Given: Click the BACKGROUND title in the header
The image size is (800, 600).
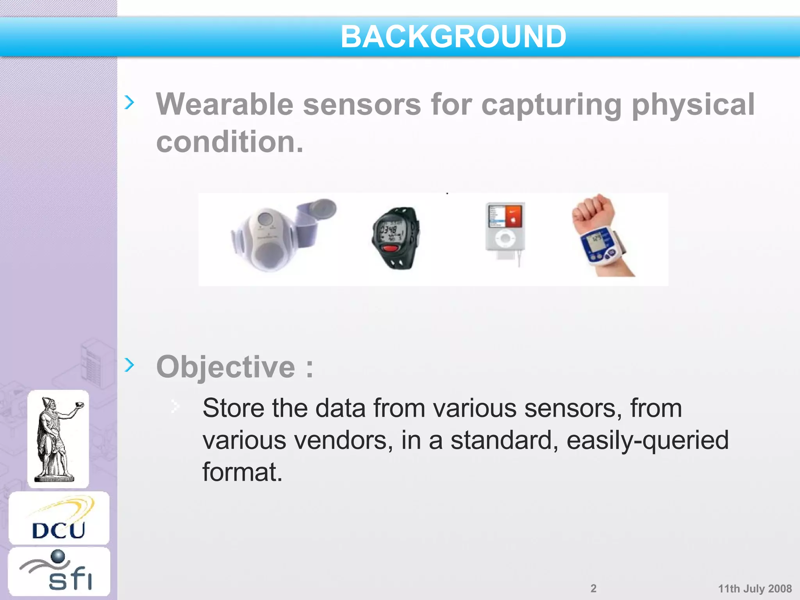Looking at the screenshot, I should (453, 37).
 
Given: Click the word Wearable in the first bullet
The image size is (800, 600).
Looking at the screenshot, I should (225, 105).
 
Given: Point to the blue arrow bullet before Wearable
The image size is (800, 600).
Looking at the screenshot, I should (129, 102).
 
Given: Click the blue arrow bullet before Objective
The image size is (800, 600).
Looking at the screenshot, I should (129, 365).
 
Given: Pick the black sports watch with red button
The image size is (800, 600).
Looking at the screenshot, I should (395, 237).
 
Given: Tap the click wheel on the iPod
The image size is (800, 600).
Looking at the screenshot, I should (505, 238).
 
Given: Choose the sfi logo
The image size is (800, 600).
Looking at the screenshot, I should (59, 571).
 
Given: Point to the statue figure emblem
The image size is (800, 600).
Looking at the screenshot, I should (58, 439).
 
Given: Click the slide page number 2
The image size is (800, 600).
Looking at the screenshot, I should (593, 588).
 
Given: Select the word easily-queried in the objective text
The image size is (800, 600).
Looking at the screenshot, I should (647, 440).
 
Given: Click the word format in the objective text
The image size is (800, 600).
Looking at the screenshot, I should (242, 472).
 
